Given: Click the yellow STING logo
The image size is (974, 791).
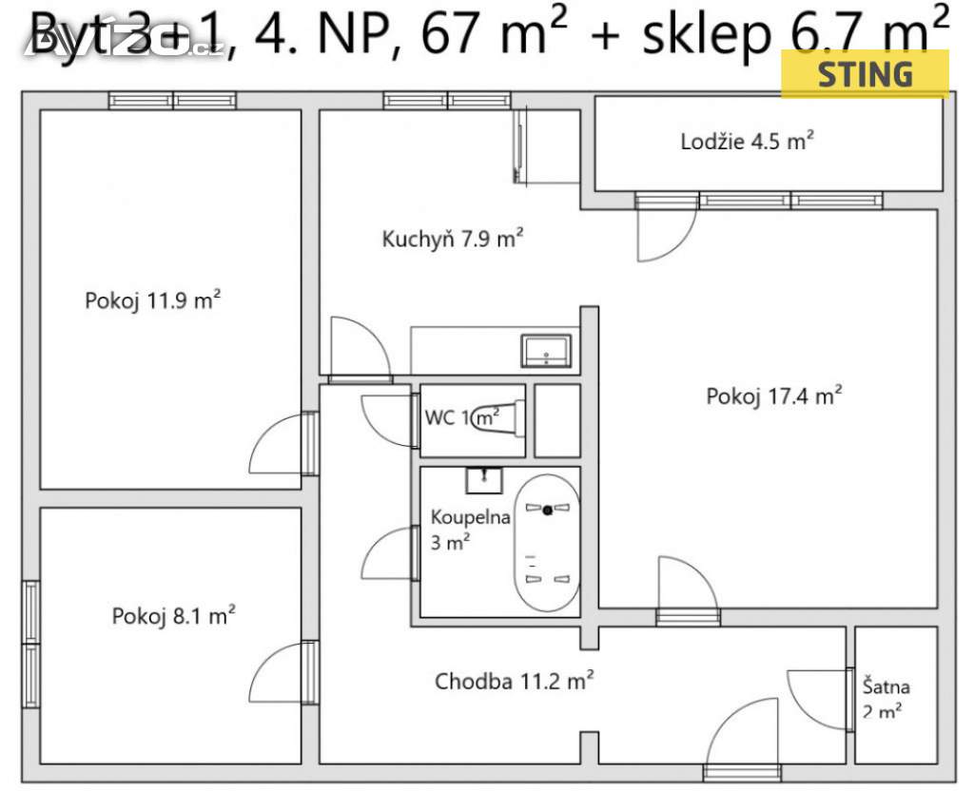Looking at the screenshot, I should [865, 73].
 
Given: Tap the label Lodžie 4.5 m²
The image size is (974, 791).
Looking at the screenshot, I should [747, 143].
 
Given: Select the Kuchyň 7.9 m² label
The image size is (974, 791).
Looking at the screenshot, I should [453, 239].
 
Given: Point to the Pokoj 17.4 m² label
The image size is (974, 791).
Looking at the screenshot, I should [774, 396].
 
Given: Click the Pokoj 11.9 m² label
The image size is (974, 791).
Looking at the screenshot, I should [153, 301].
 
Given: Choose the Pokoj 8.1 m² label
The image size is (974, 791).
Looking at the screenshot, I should [174, 615].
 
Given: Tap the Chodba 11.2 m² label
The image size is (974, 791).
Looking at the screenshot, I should [515, 681].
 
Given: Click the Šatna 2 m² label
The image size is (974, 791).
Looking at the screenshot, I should [886, 697].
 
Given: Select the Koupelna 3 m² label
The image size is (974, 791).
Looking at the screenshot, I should [458, 530].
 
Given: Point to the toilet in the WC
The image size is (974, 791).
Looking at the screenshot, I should [500, 416].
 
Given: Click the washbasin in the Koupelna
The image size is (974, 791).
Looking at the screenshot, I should [485, 479].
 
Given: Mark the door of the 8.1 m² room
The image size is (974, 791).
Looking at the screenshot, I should [281, 673].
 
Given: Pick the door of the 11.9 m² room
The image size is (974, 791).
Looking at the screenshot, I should [281, 445].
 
